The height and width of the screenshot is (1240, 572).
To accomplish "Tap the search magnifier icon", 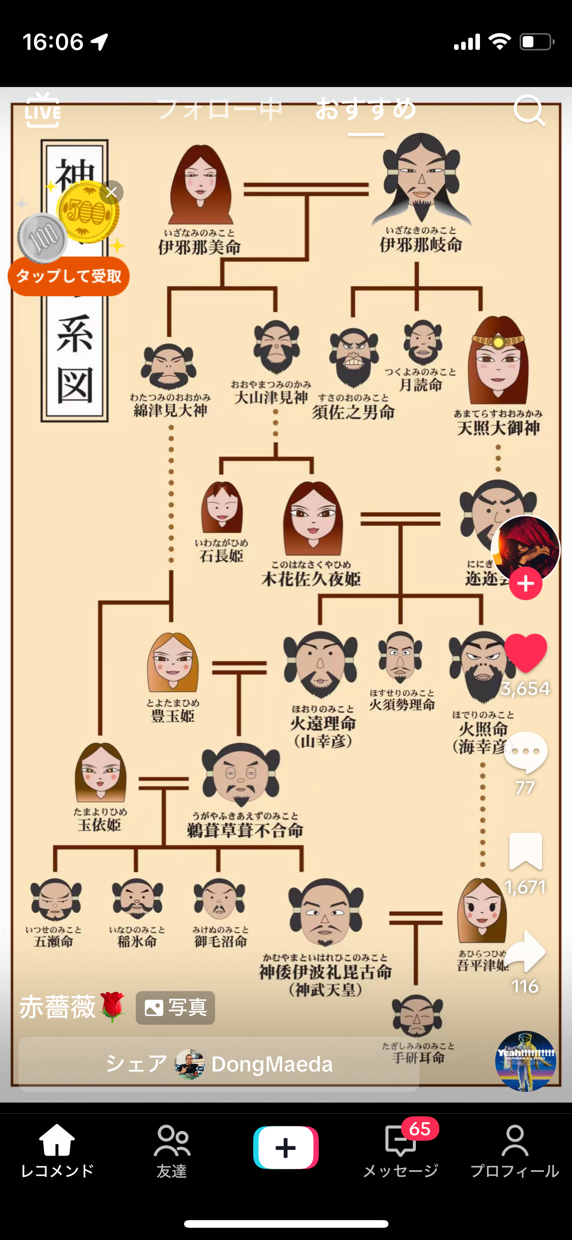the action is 529,110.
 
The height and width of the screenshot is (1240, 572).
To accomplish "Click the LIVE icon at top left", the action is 42,110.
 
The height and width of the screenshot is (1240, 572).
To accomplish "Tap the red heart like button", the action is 526,653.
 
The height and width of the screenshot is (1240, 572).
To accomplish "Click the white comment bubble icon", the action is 526,752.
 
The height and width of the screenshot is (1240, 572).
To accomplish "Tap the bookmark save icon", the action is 526,851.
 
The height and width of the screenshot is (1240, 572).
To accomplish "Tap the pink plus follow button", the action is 526,584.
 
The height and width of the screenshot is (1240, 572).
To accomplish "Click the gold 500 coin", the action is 88,212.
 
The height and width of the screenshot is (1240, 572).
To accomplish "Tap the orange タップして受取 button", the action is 69,276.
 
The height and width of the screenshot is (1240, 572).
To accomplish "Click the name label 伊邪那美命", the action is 199,248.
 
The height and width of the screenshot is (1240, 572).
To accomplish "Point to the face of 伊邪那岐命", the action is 421,176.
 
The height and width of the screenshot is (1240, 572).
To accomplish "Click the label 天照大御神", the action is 498,428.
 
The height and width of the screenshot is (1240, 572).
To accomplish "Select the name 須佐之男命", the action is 353,412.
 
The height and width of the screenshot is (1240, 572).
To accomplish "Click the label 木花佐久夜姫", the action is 311,579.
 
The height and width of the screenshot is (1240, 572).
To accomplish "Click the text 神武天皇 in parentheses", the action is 325,990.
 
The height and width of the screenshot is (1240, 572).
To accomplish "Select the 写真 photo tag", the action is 175,1007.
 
